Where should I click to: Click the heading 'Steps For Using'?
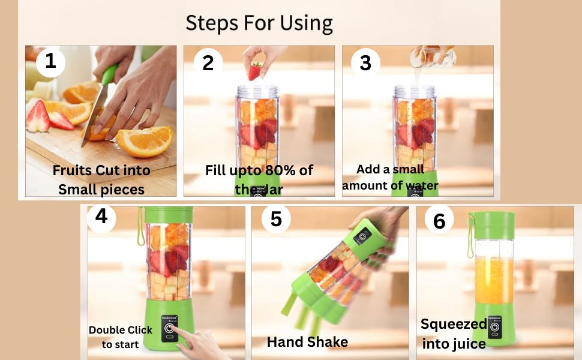(259, 23)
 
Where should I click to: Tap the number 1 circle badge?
(51, 62)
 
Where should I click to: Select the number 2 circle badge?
(208, 62)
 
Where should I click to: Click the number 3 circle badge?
(365, 62)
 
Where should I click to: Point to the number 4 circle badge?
(102, 217)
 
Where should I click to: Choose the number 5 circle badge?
(275, 219)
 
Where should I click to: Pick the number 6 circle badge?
(439, 221)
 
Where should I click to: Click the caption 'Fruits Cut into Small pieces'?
(101, 179)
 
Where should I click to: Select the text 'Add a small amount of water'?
(390, 178)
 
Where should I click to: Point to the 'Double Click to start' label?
(121, 337)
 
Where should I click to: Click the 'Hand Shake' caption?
(307, 342)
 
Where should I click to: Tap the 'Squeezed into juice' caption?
(454, 334)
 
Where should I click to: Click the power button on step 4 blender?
(170, 329)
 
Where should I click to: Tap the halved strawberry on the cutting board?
(38, 117)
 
